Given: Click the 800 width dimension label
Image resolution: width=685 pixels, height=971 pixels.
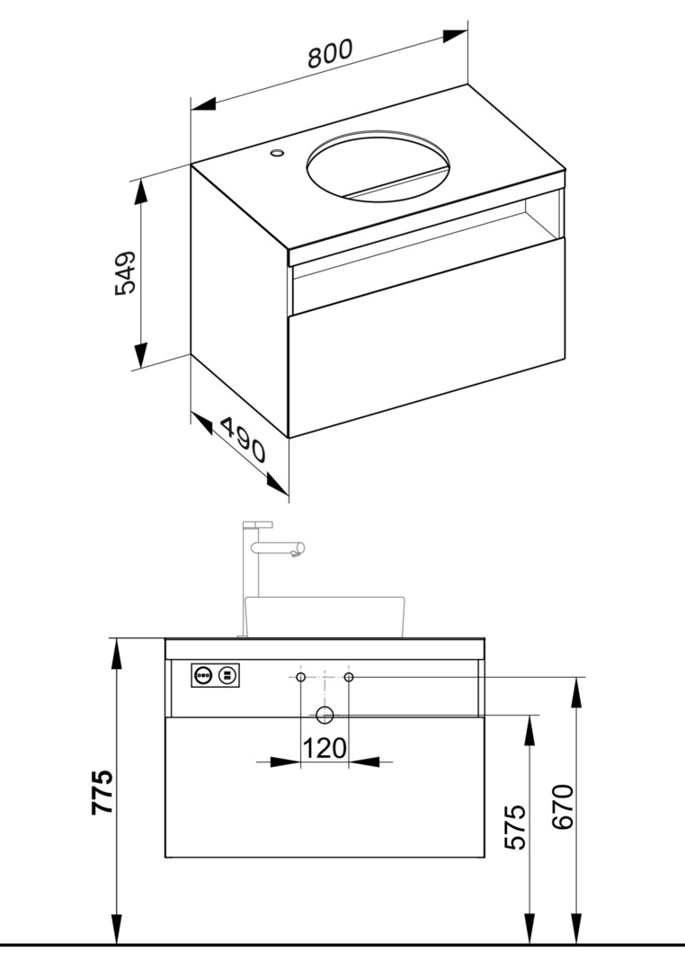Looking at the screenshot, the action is (x=330, y=53).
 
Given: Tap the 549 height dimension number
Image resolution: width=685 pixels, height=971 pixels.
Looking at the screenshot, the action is (x=125, y=272).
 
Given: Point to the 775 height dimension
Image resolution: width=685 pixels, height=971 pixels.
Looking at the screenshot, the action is (x=102, y=792).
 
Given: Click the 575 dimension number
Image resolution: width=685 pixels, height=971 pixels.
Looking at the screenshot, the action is (x=515, y=827).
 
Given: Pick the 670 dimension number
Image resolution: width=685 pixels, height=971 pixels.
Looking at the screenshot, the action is (x=563, y=806).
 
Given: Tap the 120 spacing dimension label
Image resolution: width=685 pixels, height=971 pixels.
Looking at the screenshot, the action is (x=325, y=748).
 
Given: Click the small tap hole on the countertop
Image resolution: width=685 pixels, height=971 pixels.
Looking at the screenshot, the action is (x=276, y=151).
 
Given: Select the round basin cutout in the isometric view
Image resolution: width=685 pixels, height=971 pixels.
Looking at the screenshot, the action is (x=378, y=166).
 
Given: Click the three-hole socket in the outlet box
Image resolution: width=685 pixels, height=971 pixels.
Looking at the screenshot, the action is (x=203, y=674).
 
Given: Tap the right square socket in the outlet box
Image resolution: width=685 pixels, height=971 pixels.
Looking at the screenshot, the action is (x=227, y=674).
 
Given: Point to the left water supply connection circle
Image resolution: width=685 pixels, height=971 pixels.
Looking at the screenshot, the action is (x=300, y=677).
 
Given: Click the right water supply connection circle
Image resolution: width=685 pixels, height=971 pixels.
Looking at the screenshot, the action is (x=349, y=677).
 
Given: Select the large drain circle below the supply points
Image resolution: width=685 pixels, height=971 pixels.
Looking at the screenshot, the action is (x=325, y=716).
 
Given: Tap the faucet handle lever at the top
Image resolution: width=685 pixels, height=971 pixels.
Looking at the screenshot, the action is (x=258, y=525).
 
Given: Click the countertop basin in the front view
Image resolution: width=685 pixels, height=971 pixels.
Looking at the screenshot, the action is (x=325, y=617).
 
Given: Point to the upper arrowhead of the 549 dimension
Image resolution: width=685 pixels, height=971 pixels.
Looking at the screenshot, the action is (x=141, y=193).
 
